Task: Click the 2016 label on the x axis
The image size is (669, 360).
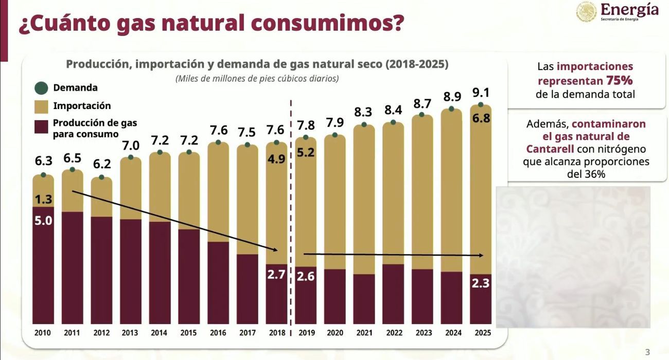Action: pos(218,333)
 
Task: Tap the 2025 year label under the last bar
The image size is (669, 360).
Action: pos(482,333)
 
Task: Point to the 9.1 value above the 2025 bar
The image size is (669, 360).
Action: pos(481,93)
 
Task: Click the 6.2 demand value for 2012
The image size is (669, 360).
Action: pos(102,165)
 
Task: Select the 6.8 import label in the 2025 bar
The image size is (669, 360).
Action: pos(482,118)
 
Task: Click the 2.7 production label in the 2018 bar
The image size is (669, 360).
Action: pos(276,275)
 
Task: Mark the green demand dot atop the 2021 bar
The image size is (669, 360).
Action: pos(364,124)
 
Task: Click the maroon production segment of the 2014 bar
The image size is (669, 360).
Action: pos(160,273)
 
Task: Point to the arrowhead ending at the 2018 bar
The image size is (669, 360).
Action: pos(275,250)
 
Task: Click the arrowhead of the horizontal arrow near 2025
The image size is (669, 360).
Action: pos(482,255)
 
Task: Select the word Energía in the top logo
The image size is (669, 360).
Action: pos(629,9)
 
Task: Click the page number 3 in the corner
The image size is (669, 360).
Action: pos(647,352)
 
